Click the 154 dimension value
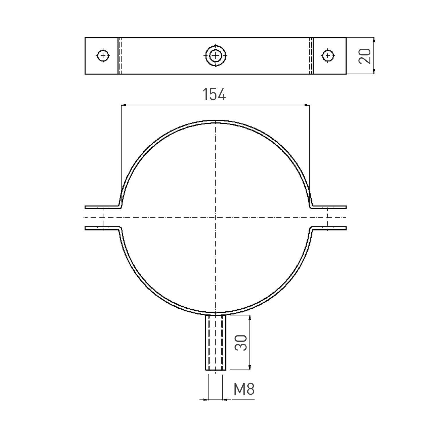pyautogui.click(x=214, y=94)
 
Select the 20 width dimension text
pyautogui.click(x=365, y=56)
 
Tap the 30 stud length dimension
pyautogui.click(x=241, y=342)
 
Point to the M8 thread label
pyautogui.click(x=244, y=389)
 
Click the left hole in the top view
pyautogui.click(x=103, y=56)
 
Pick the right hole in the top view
pyautogui.click(x=328, y=56)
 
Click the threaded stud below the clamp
pyautogui.click(x=215, y=342)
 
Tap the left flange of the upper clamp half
pyautogui.click(x=102, y=207)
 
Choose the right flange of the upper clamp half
pyautogui.click(x=329, y=207)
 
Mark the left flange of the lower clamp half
pyautogui.click(x=102, y=228)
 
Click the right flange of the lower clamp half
pyautogui.click(x=329, y=228)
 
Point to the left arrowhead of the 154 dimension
pyautogui.click(x=123, y=105)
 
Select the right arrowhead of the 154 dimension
pyautogui.click(x=307, y=105)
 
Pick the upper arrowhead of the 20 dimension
pyautogui.click(x=374, y=40)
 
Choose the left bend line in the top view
pyautogui.click(x=119, y=56)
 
